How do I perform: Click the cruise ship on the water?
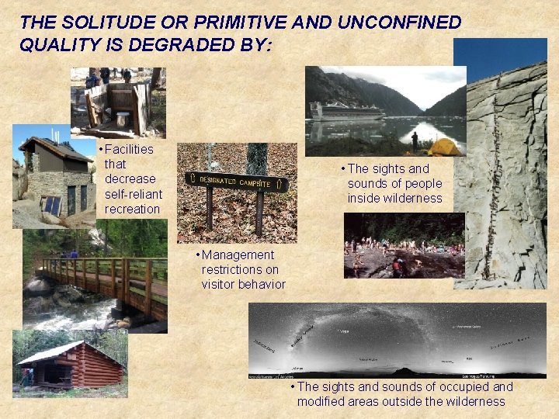pos(346,112)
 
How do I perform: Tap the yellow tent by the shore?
pos(445,146)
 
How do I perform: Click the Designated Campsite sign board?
pos(237,182)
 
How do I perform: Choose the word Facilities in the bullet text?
pos(129,149)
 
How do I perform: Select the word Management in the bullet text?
pos(238,255)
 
